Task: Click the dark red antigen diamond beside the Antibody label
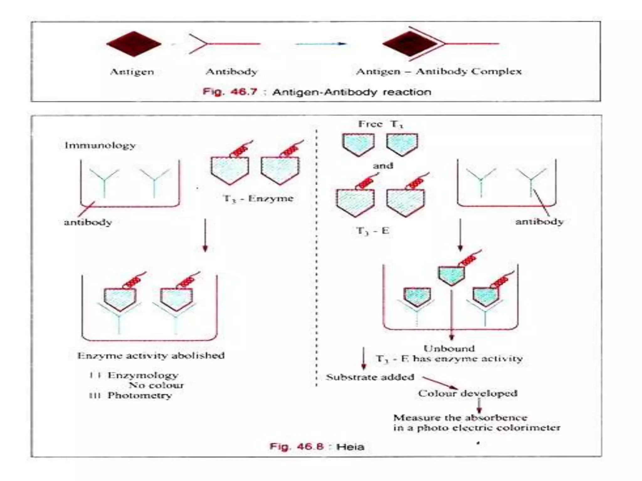tap(134, 44)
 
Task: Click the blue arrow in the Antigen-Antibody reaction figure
tap(320, 44)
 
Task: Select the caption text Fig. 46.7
tap(230, 92)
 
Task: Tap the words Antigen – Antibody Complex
tap(439, 72)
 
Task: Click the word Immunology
tap(100, 145)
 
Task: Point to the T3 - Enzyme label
tap(258, 199)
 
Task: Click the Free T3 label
tap(380, 124)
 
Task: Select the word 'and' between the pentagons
tap(383, 166)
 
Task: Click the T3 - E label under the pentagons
tap(373, 231)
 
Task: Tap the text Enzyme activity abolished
tap(151, 356)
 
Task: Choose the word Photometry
tap(140, 396)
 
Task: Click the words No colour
tap(156, 385)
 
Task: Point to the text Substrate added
tap(370, 377)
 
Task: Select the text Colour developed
tap(468, 393)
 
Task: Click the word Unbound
tap(449, 349)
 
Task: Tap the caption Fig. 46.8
tap(296, 447)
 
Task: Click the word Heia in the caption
tap(350, 447)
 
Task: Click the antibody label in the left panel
tap(88, 222)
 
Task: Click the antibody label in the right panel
tap(539, 222)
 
